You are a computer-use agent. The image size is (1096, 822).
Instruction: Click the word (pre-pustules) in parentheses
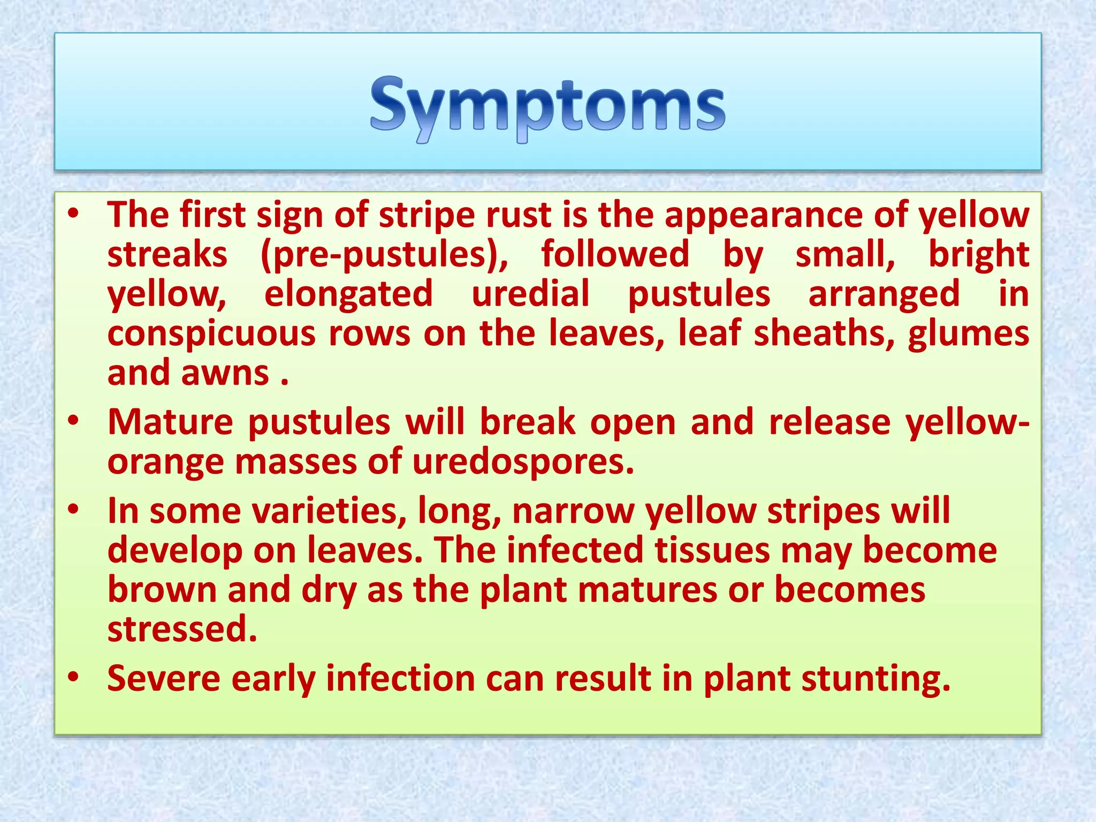[384, 254]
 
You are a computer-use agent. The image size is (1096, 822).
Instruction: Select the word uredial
[530, 294]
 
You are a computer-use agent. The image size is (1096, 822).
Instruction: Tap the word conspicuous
[211, 334]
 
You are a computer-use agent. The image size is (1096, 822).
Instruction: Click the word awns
[225, 373]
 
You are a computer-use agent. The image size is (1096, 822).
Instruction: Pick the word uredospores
[523, 462]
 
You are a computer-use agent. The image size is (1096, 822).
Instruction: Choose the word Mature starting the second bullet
[170, 422]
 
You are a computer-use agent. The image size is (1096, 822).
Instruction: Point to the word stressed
[182, 629]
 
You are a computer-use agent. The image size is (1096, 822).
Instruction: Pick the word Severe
[164, 679]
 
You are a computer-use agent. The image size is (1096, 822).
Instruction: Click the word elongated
[348, 294]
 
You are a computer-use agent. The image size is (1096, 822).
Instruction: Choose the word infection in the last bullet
[400, 679]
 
